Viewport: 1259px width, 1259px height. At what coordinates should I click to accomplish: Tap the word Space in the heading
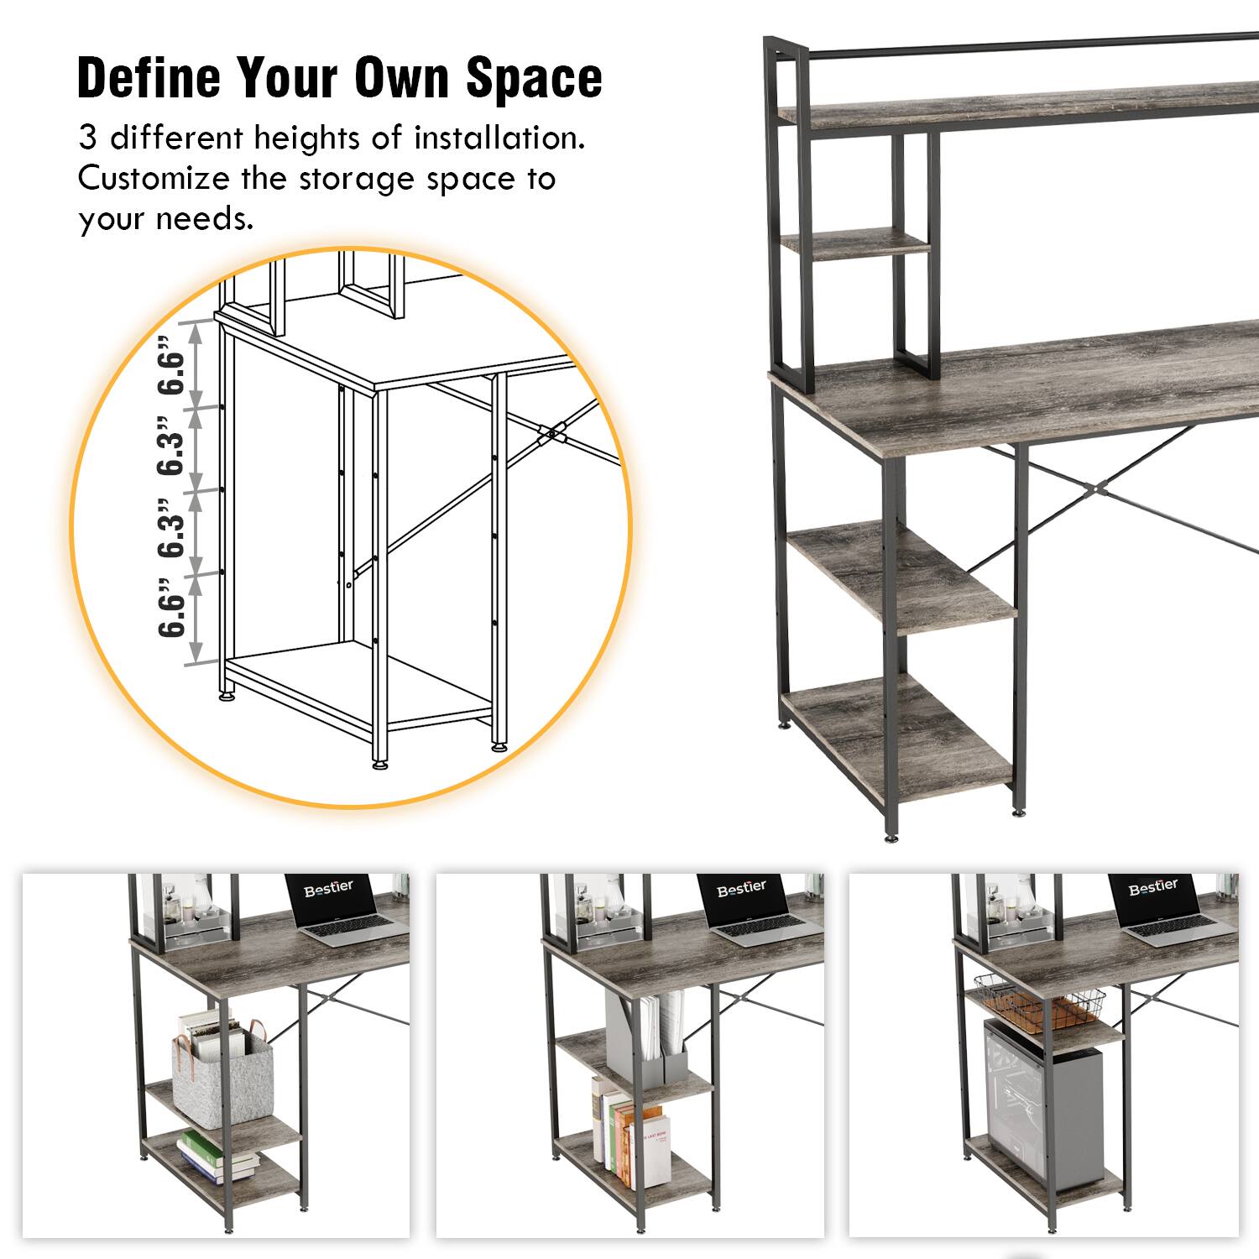(534, 77)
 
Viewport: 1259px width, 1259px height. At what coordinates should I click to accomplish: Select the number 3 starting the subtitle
(87, 138)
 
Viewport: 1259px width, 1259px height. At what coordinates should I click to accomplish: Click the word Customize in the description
(154, 179)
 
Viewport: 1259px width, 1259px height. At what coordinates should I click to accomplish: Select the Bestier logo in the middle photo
(741, 888)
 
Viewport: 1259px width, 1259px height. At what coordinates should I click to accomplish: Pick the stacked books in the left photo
(217, 1157)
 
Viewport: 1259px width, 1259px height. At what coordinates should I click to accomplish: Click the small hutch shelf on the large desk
(854, 243)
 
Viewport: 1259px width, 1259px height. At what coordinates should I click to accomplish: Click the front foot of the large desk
(891, 837)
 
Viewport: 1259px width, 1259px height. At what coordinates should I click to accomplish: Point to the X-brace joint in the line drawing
(553, 434)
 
